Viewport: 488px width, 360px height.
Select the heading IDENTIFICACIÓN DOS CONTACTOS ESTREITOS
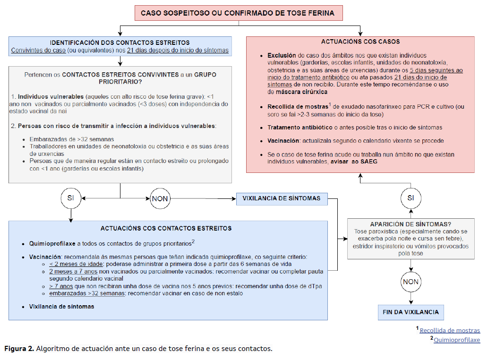(120, 43)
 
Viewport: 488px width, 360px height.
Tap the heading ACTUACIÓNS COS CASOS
(360, 42)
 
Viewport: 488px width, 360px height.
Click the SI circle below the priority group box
(70, 198)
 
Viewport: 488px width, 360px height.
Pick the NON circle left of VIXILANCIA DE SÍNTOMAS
(160, 198)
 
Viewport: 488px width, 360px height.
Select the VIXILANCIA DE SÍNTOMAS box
(281, 198)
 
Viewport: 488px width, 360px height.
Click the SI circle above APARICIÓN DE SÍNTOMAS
(410, 198)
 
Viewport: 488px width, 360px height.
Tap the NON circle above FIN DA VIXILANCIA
(410, 283)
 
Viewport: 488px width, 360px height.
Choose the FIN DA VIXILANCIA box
(411, 312)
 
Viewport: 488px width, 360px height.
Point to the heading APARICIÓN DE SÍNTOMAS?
(410, 224)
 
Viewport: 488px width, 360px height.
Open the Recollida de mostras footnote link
(450, 331)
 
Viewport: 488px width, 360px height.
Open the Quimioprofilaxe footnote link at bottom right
(456, 340)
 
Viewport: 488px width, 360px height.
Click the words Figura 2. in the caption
(19, 349)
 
